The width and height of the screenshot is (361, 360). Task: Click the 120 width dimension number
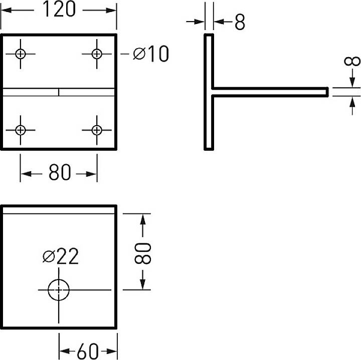point(59,9)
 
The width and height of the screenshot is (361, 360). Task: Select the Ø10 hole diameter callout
point(151,54)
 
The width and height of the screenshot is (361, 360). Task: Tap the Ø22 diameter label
point(61,256)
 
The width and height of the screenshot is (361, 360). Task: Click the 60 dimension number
point(88,351)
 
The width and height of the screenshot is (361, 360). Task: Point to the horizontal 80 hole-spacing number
point(60,172)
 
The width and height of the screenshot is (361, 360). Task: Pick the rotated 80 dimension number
point(142,253)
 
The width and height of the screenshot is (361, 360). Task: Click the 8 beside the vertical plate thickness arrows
point(240,22)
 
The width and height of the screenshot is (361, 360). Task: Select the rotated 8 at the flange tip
point(352,61)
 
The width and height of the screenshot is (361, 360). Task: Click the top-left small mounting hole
point(21,54)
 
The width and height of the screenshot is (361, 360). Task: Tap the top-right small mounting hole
point(97,54)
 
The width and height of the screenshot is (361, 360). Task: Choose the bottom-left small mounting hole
point(21,130)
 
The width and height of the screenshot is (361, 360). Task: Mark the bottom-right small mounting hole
point(97,130)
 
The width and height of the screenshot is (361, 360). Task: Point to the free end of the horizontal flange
point(327,92)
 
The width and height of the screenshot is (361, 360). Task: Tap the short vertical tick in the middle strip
point(59,92)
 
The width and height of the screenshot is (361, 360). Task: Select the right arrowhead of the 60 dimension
point(112,351)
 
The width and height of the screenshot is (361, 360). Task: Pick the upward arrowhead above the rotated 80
point(143,219)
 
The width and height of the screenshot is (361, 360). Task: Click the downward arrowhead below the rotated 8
point(352,83)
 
